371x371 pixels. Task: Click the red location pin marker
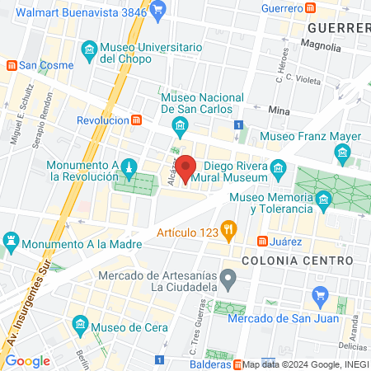click(186, 167)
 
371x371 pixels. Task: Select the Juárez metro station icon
click(262, 242)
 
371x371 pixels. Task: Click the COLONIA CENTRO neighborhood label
click(298, 261)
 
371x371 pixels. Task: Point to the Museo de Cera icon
click(80, 322)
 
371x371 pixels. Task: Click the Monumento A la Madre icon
click(10, 242)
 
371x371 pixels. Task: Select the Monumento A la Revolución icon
click(129, 167)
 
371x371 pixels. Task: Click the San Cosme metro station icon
click(11, 64)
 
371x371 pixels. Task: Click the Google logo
click(27, 361)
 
